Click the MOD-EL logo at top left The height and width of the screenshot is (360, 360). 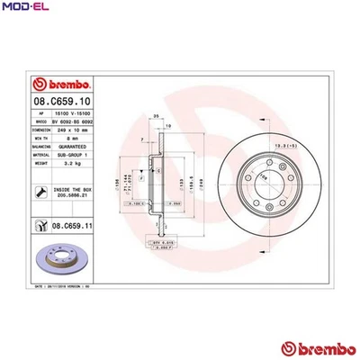25,8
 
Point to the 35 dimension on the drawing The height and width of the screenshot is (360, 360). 156,116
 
